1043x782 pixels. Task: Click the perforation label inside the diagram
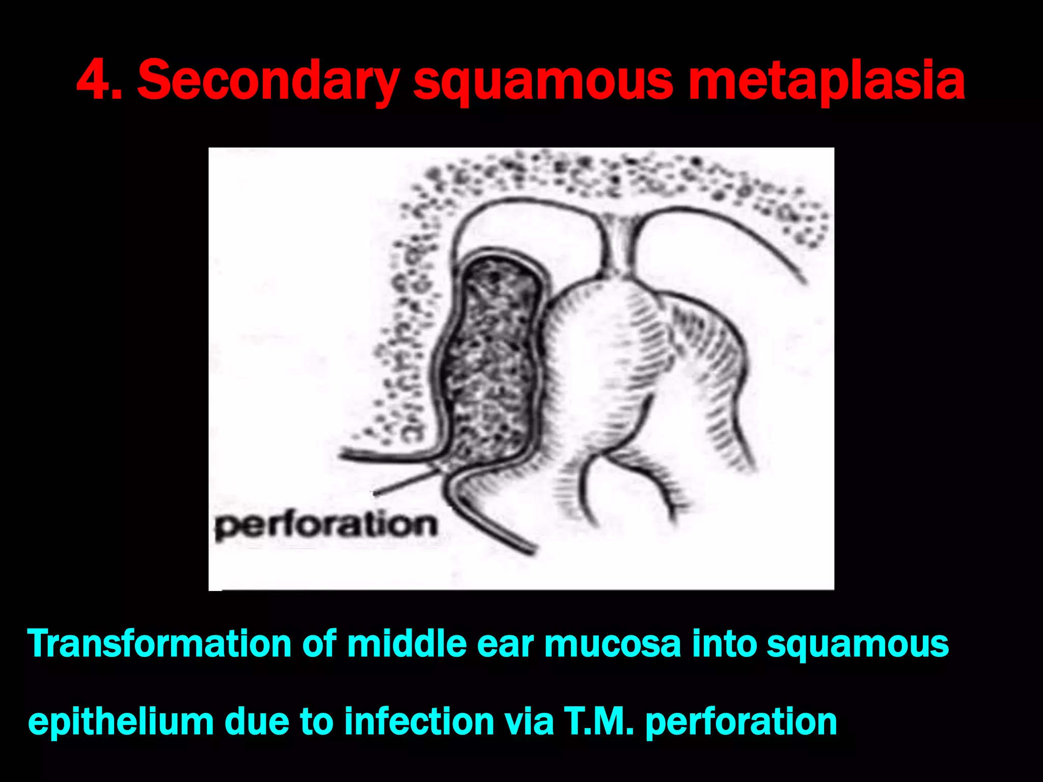[326, 525]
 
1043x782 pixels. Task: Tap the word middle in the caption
[407, 644]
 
